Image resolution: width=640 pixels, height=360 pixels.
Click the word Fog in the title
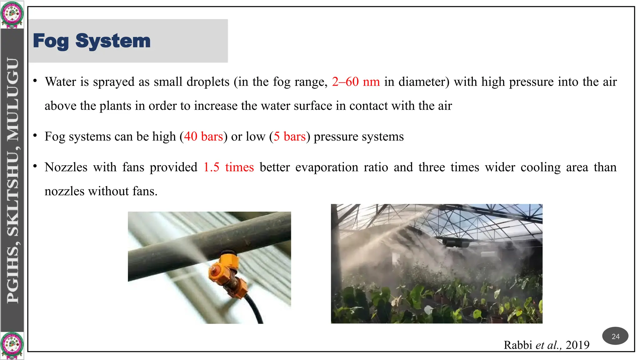[51, 41]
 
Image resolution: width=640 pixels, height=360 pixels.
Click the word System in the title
[113, 41]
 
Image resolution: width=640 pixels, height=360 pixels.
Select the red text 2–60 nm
[356, 82]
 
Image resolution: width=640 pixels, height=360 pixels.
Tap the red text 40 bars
[203, 137]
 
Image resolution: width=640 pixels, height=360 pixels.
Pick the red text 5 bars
[290, 137]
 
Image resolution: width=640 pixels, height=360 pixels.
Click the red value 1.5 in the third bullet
[212, 167]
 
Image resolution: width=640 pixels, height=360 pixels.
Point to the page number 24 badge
[615, 336]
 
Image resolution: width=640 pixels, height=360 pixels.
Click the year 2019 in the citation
[577, 345]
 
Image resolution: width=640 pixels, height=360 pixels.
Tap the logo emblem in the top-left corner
[12, 14]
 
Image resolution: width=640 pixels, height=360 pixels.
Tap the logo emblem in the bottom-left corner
[12, 345]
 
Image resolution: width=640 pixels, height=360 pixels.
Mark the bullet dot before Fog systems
[35, 136]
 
